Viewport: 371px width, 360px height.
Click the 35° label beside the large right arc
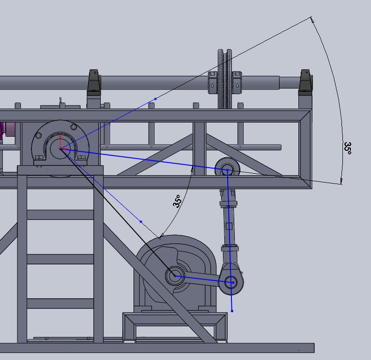coord(348,148)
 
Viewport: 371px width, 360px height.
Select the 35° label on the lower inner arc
coord(178,201)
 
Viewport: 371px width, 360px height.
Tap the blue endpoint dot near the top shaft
coord(156,99)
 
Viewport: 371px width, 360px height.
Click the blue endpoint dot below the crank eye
coord(232,311)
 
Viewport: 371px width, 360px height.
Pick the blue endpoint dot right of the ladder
coord(141,221)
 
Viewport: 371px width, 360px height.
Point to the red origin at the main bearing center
coord(61,148)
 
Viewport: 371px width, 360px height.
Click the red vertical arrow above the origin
coord(60,141)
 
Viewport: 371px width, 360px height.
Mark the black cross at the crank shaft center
coord(175,276)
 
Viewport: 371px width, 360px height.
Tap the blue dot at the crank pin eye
coord(233,282)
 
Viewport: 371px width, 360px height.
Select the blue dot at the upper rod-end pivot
coord(228,170)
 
